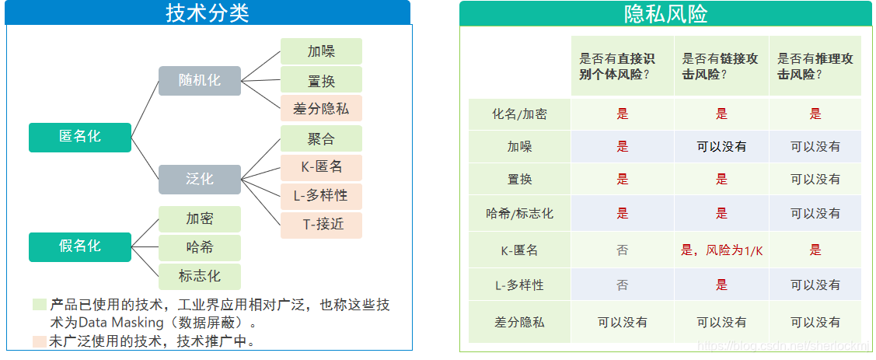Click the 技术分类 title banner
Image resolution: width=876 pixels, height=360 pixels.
point(208,12)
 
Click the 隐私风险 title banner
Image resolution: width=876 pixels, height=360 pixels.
point(665,13)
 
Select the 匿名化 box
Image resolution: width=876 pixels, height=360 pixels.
point(80,137)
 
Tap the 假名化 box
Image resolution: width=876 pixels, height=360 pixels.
point(80,246)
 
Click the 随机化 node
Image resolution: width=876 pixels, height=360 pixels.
point(200,80)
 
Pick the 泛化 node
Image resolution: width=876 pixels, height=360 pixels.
point(200,179)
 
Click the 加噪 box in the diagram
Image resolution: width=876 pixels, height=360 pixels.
point(321,51)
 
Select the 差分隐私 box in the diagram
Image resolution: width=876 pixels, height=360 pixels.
point(321,108)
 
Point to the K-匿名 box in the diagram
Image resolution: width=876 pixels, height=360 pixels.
point(321,167)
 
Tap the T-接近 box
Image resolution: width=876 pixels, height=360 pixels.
point(321,225)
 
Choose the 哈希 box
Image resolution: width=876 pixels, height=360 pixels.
point(200,248)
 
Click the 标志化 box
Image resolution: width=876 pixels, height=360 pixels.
point(200,276)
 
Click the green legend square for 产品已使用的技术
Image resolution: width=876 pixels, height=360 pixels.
point(39,304)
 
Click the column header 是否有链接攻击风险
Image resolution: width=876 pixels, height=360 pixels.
point(721,66)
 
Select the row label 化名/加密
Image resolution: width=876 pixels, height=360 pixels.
point(519,114)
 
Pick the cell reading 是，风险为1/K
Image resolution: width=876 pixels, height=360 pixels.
point(721,250)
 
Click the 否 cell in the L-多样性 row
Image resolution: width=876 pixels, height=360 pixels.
point(622,285)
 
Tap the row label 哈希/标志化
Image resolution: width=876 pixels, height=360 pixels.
point(519,213)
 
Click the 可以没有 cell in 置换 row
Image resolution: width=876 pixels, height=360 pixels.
point(815,179)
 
